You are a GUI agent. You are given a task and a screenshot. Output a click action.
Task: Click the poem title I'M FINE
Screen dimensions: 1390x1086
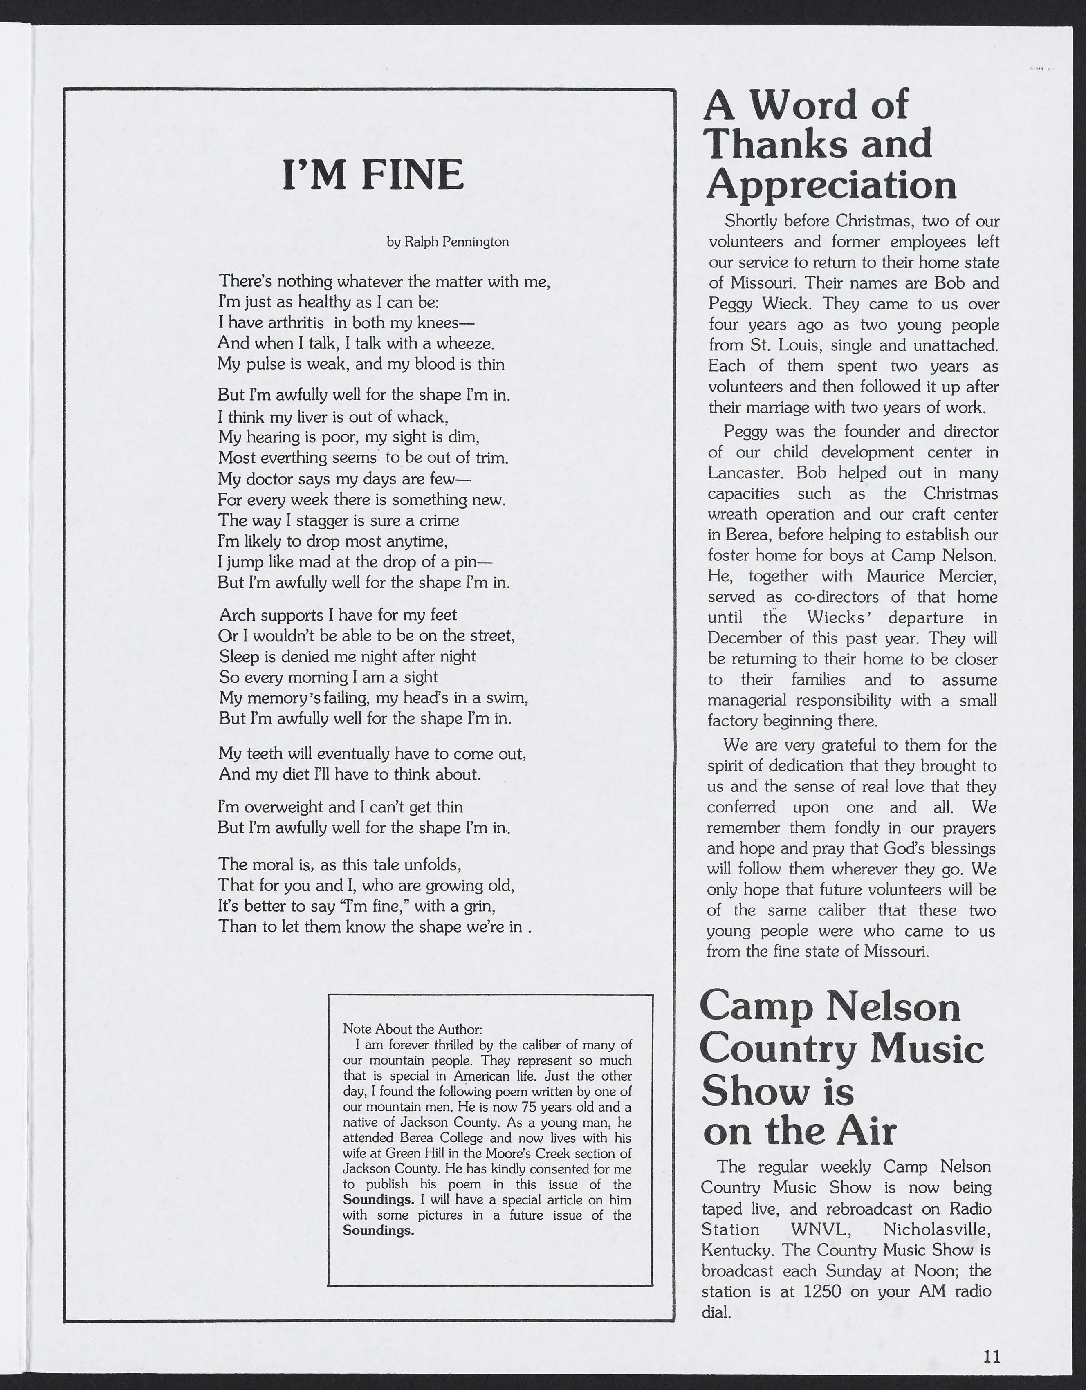(373, 176)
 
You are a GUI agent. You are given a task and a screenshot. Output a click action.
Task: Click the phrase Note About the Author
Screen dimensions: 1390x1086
(413, 1029)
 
